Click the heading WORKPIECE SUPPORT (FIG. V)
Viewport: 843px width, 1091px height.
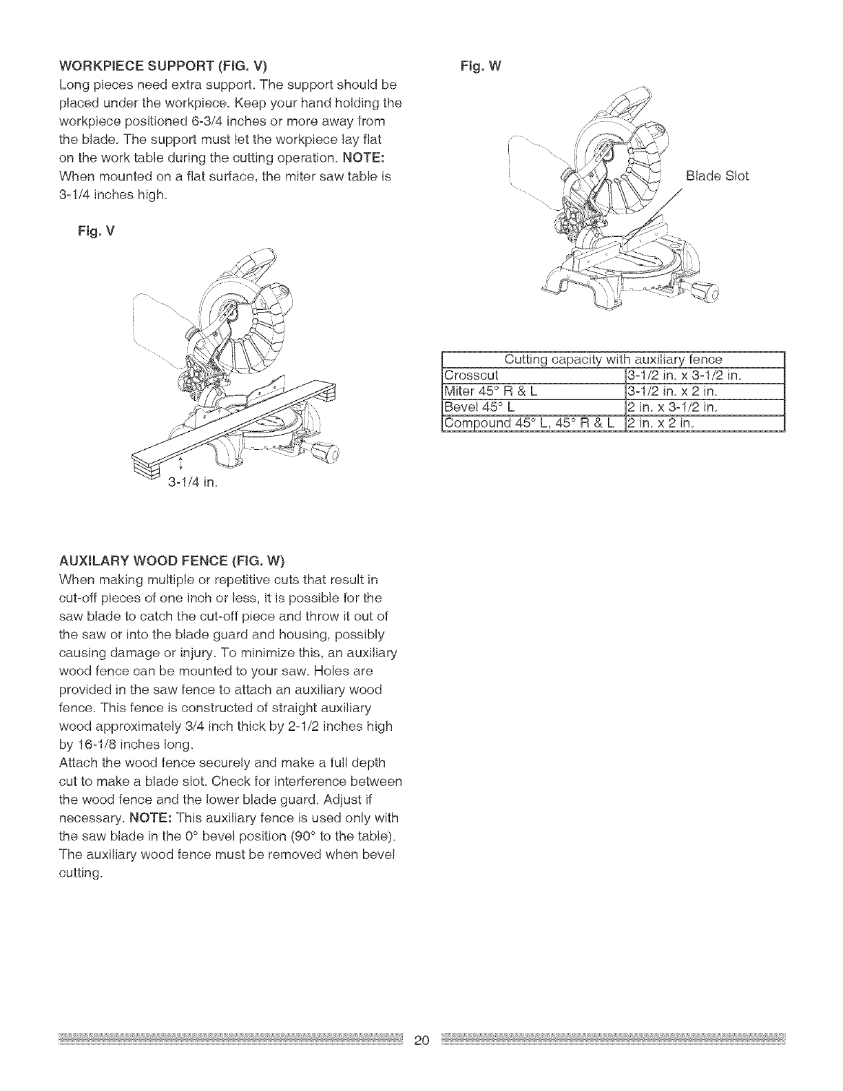[x=164, y=66]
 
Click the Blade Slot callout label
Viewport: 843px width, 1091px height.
[x=717, y=176]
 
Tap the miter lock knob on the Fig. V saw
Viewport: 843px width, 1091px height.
[x=326, y=453]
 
